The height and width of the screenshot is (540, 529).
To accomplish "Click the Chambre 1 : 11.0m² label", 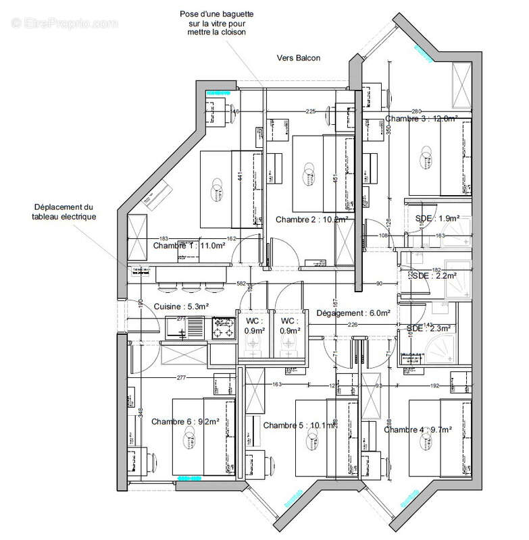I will coord(179,246).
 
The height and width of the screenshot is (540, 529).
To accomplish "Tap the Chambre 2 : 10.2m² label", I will coord(311,219).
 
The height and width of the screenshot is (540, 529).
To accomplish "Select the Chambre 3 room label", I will coord(422,119).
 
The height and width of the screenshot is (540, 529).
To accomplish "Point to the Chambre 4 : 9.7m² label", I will coord(418,429).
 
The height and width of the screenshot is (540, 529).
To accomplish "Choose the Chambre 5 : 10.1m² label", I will coord(298,425).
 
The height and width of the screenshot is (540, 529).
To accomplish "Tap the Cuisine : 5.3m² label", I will coord(181,306).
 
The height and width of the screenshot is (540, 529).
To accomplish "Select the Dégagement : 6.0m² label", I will coord(354,313).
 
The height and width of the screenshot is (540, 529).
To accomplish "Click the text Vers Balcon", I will coord(298,58).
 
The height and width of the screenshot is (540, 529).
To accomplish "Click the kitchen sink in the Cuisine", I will coord(177,329).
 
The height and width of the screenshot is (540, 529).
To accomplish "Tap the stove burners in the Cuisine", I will coord(222,329).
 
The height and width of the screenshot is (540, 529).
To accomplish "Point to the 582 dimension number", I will coord(241,283).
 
